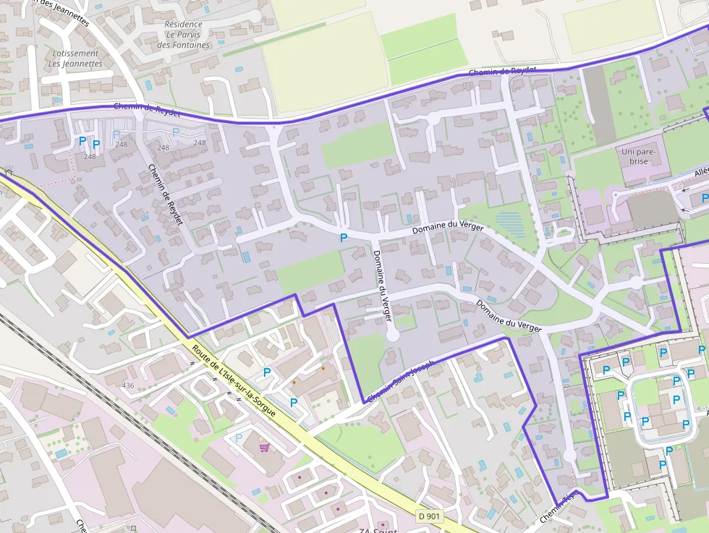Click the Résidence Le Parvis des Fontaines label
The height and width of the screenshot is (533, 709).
click(183, 35)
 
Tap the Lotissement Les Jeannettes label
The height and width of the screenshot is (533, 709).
click(75, 59)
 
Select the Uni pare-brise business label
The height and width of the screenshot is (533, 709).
click(638, 156)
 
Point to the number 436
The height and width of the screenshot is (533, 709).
click(128, 385)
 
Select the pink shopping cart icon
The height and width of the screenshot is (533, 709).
click(264, 447)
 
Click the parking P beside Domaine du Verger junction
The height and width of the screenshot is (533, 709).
click(344, 236)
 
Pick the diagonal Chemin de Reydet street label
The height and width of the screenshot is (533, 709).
click(166, 194)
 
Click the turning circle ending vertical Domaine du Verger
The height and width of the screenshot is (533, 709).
click(393, 335)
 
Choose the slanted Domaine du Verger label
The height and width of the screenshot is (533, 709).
click(509, 316)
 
